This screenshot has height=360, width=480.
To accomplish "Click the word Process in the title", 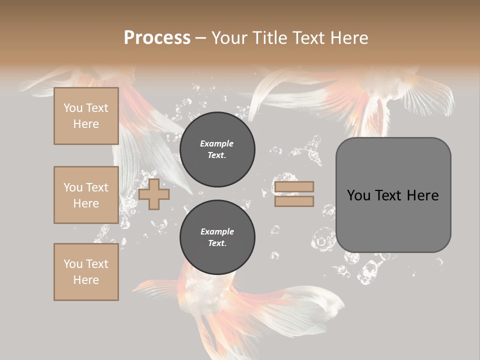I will click(x=157, y=38).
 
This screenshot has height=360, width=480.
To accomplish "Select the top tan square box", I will click(x=86, y=116).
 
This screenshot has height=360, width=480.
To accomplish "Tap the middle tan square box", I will click(x=86, y=195).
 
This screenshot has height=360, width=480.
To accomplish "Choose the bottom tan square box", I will click(x=86, y=272).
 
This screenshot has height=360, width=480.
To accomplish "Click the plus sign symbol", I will click(x=154, y=194).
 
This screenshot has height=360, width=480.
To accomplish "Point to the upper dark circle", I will click(x=217, y=149).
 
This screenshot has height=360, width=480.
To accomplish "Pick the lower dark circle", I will click(x=217, y=237).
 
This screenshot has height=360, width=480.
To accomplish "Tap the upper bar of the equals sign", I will click(x=294, y=186).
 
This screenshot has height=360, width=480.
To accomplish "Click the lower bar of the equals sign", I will click(x=294, y=201).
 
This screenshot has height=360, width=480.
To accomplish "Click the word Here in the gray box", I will click(x=422, y=195).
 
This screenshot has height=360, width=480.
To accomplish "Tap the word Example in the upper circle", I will click(x=217, y=143).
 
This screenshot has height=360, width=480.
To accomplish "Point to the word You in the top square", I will click(x=73, y=108).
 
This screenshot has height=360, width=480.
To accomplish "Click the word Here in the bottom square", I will click(x=86, y=280).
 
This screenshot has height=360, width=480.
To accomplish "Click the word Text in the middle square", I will click(x=96, y=187).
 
